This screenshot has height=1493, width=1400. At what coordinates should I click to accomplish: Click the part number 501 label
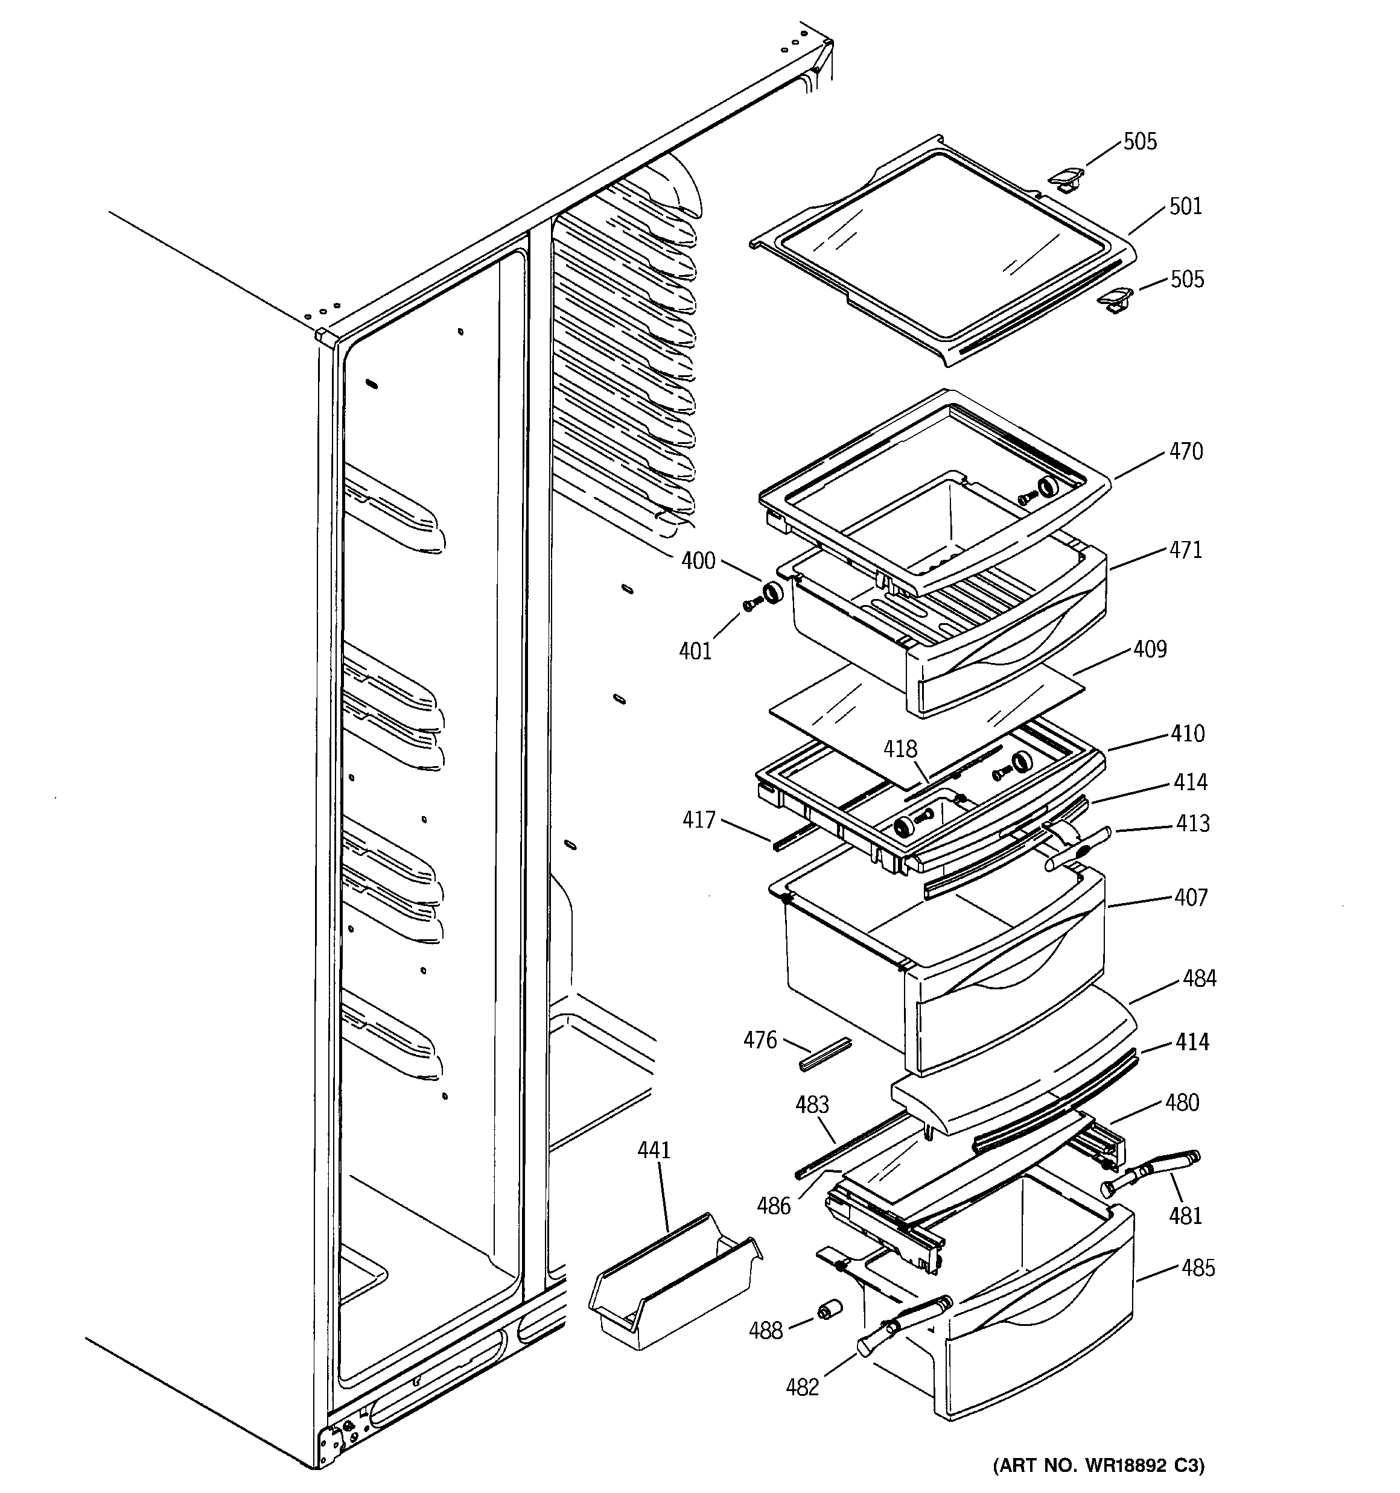click(1185, 206)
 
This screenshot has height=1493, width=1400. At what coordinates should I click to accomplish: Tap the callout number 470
click(1186, 451)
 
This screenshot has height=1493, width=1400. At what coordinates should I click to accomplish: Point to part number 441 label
click(653, 1150)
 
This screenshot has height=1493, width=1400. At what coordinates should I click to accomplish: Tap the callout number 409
click(1150, 649)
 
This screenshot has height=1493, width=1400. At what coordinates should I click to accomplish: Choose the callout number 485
click(1198, 1269)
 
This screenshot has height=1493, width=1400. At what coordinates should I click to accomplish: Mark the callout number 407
click(1191, 898)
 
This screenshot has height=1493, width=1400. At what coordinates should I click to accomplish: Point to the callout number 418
click(900, 749)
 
